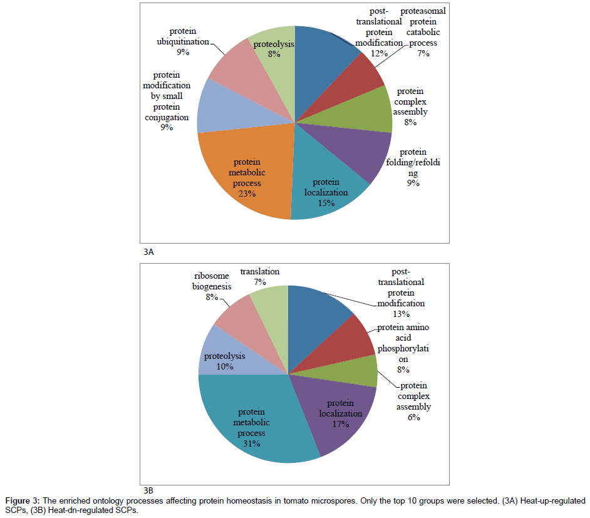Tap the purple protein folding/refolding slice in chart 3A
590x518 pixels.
[363, 153]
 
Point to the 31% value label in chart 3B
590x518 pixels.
[252, 443]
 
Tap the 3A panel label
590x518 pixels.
[147, 252]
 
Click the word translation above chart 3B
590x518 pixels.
[260, 272]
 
